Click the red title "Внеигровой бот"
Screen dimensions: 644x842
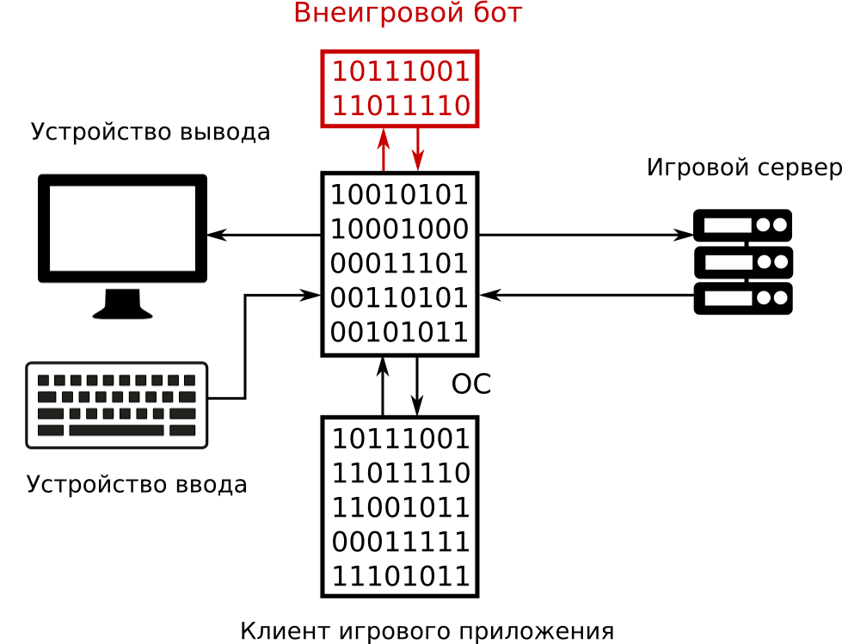[x=408, y=14]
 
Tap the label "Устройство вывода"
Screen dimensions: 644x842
[x=151, y=132]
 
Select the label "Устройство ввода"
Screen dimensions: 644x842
[x=137, y=485]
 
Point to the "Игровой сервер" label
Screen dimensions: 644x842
[x=743, y=168]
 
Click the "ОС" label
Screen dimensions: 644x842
[x=471, y=385]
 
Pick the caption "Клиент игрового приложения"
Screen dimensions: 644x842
[x=427, y=632]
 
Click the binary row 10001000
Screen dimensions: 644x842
[x=400, y=230]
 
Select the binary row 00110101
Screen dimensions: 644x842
[x=400, y=298]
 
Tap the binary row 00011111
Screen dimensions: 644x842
[x=401, y=543]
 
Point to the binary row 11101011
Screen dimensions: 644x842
[x=401, y=577]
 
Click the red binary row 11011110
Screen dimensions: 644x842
[x=401, y=107]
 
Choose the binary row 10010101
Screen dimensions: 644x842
[x=400, y=195]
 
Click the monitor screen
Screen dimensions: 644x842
[x=122, y=228]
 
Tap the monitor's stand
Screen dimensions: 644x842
[x=122, y=304]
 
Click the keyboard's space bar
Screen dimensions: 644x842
[x=116, y=431]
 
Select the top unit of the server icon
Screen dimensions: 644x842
[x=742, y=225]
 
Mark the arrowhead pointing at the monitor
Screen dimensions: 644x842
[x=216, y=235]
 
